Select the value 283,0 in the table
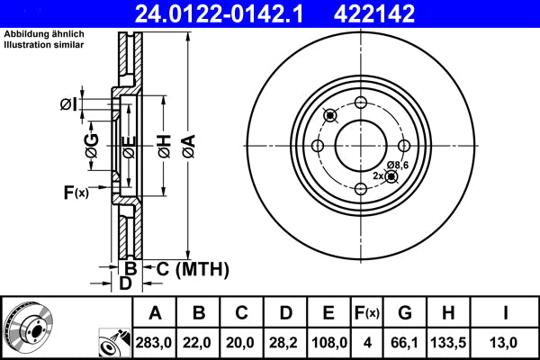pos(154,343)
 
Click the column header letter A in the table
pos(154,314)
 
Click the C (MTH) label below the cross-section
pos(187,268)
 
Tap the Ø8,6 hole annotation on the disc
pos(398,165)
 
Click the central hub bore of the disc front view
pos(361,146)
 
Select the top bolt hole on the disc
pos(361,103)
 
